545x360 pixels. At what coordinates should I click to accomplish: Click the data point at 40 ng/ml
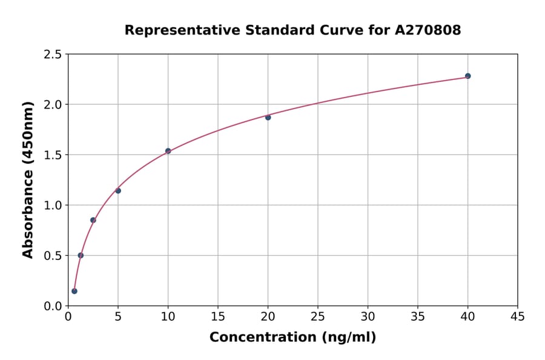coord(467,76)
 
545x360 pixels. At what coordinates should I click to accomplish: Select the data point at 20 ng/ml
coord(268,117)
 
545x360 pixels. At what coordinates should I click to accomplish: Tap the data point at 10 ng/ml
coord(168,151)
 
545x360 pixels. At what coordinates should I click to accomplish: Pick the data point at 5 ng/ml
coord(118,191)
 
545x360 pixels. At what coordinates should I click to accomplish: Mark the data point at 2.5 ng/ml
coord(93,220)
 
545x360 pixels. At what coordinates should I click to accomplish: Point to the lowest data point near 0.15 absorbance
coord(74,291)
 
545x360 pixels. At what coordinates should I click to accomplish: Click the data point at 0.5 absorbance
coord(81,255)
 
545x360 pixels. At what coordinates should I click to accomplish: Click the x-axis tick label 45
coord(517,316)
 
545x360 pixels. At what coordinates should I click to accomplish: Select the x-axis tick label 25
coord(317,316)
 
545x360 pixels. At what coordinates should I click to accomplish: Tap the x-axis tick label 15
coord(217,316)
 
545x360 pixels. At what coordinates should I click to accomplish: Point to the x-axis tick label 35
coord(417,316)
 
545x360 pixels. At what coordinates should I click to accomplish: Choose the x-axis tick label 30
coord(368,316)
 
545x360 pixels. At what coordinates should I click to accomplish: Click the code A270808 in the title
coord(428,30)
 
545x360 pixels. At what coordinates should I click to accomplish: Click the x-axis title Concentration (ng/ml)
coord(292,338)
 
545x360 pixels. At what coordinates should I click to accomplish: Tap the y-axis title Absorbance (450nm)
coord(28,180)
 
